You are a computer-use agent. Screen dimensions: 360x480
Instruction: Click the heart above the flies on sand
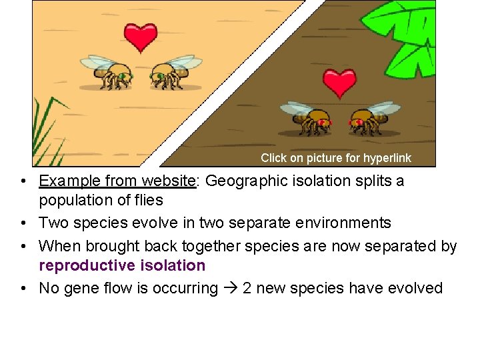click(140, 37)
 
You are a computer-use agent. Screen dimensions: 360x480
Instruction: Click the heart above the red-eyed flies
click(339, 83)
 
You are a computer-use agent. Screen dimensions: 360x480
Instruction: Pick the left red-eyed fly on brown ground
click(308, 117)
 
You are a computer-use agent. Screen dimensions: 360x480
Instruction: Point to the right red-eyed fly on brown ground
click(370, 117)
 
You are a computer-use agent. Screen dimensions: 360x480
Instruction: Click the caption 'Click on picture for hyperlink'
click(335, 158)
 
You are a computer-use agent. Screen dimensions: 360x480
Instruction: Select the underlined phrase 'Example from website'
click(117, 181)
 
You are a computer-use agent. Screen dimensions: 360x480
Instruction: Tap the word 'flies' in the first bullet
click(148, 199)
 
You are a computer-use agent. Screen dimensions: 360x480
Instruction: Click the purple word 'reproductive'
click(88, 265)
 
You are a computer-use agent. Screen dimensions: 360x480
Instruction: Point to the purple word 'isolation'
click(174, 265)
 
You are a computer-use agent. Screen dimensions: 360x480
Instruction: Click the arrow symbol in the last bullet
click(230, 288)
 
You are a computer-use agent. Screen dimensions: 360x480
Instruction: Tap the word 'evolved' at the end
click(416, 288)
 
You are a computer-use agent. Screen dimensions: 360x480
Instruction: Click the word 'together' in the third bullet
click(207, 246)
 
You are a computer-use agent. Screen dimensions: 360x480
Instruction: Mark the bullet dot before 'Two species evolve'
click(23, 223)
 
